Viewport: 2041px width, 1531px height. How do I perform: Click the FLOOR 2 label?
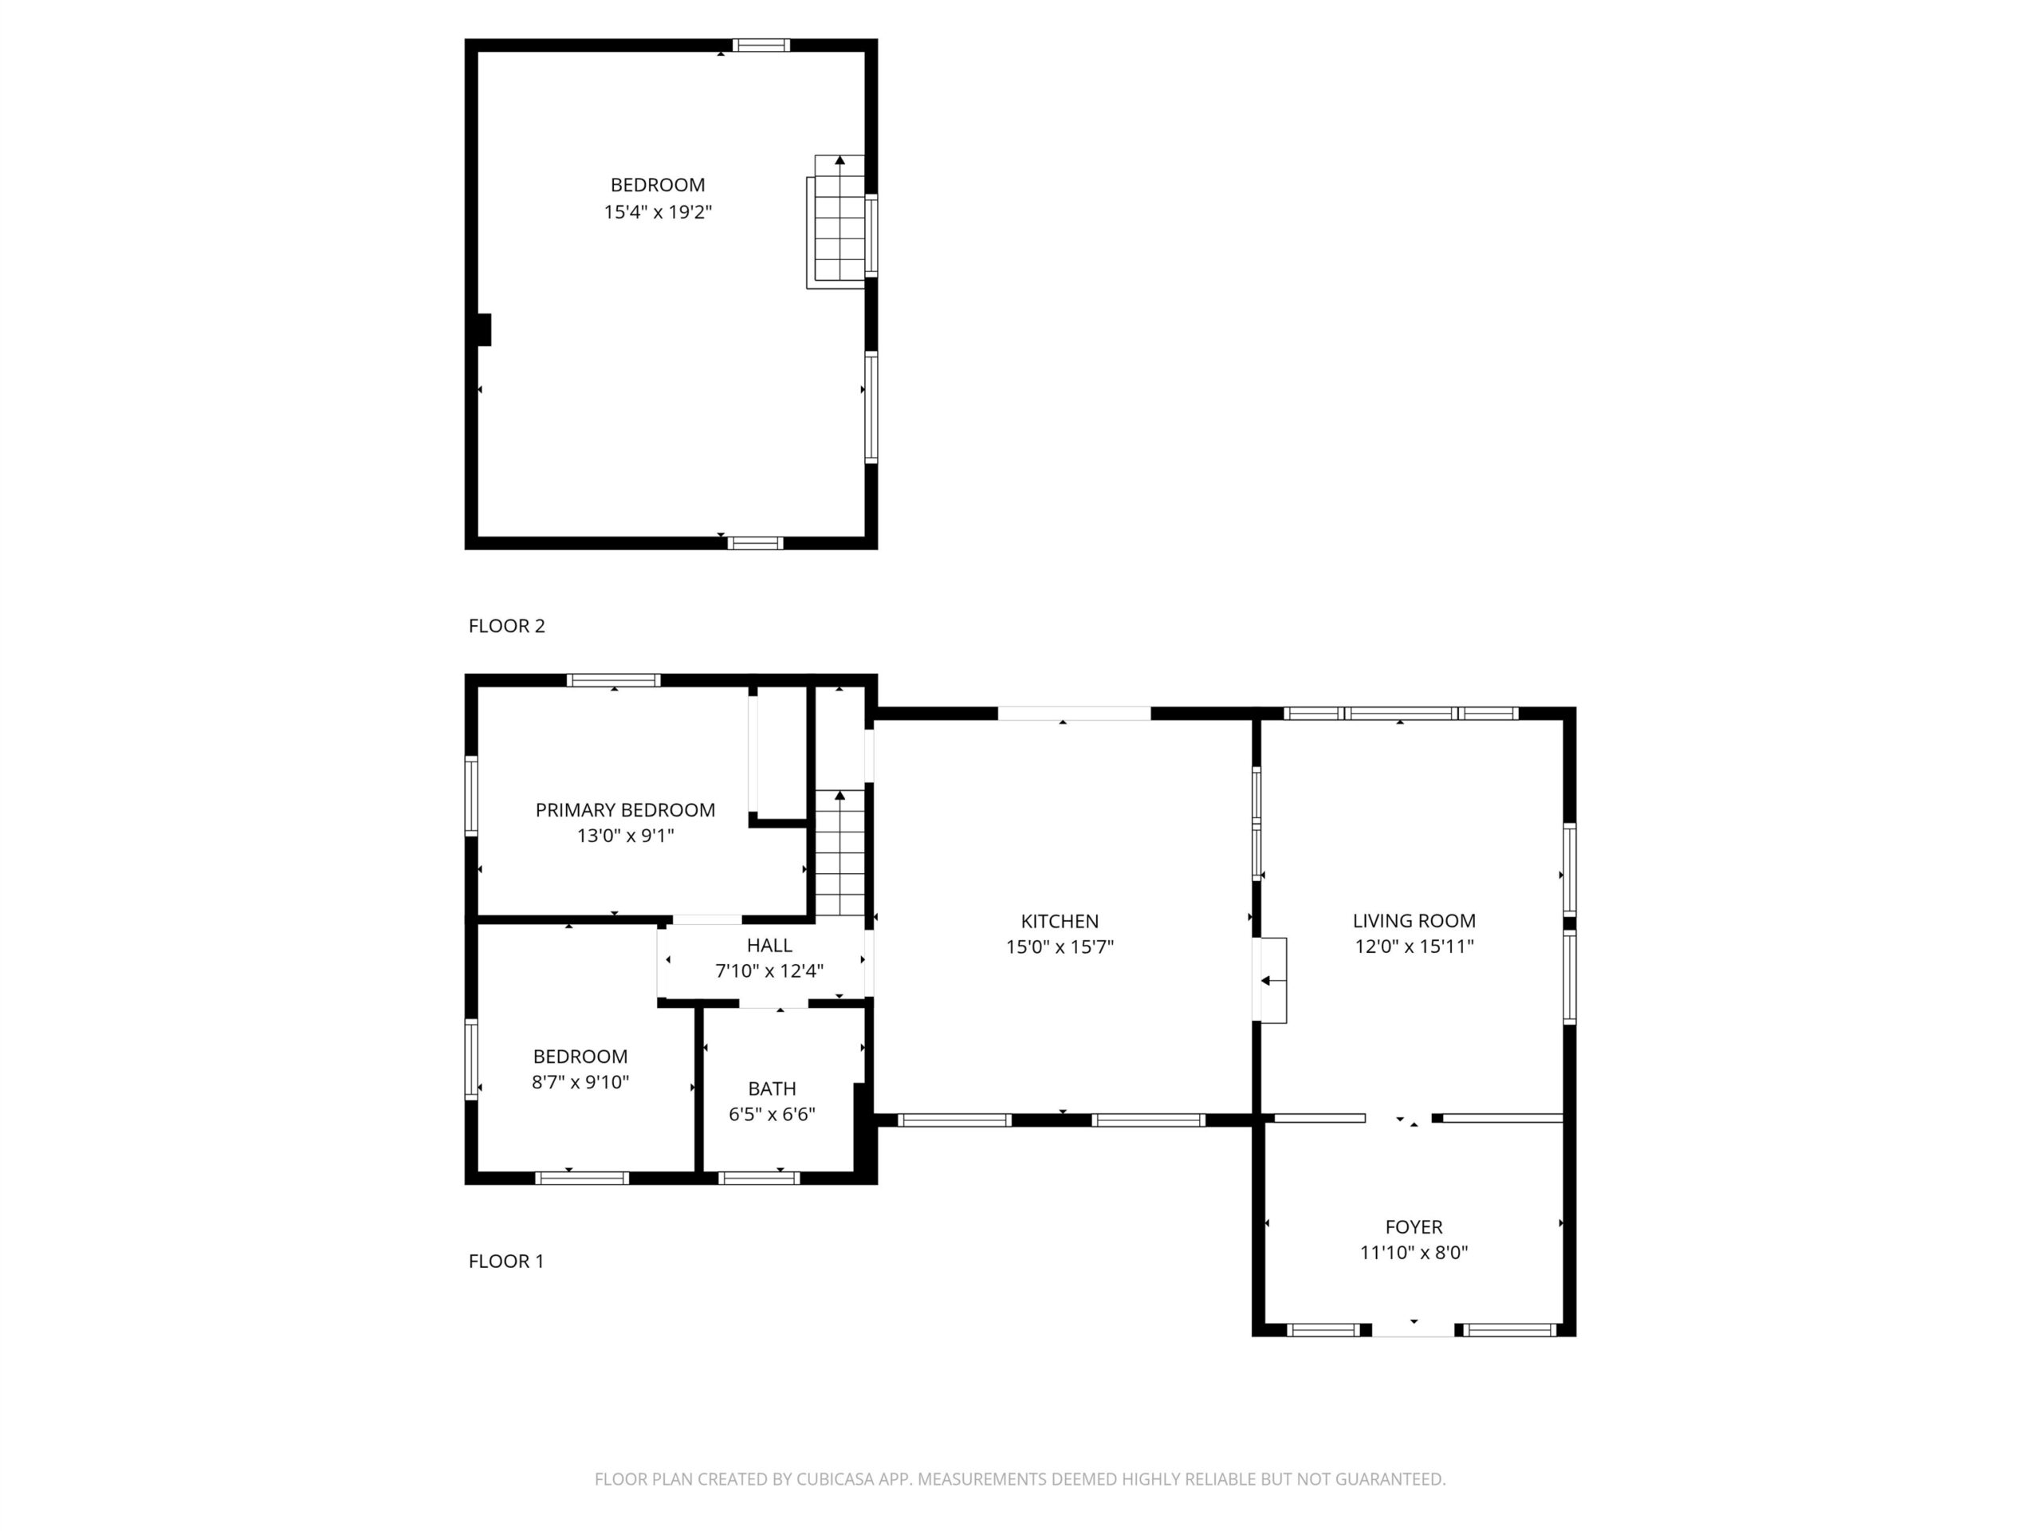(506, 626)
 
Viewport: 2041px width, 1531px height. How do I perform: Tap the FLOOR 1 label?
(506, 1261)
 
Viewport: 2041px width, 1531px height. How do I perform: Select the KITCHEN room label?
(1060, 921)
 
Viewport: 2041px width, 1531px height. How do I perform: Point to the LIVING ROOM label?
(1414, 920)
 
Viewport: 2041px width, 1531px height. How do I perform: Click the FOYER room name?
(1414, 1226)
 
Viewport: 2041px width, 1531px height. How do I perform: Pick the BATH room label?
(773, 1088)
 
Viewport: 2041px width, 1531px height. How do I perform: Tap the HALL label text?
(769, 945)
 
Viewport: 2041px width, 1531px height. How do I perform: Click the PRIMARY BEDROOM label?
(626, 809)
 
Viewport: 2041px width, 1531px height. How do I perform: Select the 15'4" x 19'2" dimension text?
(658, 212)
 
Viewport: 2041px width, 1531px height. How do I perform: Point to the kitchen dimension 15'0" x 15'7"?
(1060, 947)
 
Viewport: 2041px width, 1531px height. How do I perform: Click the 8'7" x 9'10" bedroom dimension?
(580, 1081)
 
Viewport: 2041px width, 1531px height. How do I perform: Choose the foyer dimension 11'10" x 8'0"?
(1414, 1252)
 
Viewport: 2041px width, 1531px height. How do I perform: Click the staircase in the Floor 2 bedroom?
(838, 222)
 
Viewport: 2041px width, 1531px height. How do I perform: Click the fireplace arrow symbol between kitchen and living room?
(1272, 980)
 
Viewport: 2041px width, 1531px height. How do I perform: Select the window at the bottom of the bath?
(758, 1178)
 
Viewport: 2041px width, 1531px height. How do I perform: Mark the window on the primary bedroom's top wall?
(614, 680)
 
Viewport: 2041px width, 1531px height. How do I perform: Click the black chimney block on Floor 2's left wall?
(483, 329)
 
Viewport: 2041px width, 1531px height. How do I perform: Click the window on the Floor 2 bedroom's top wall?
(761, 45)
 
